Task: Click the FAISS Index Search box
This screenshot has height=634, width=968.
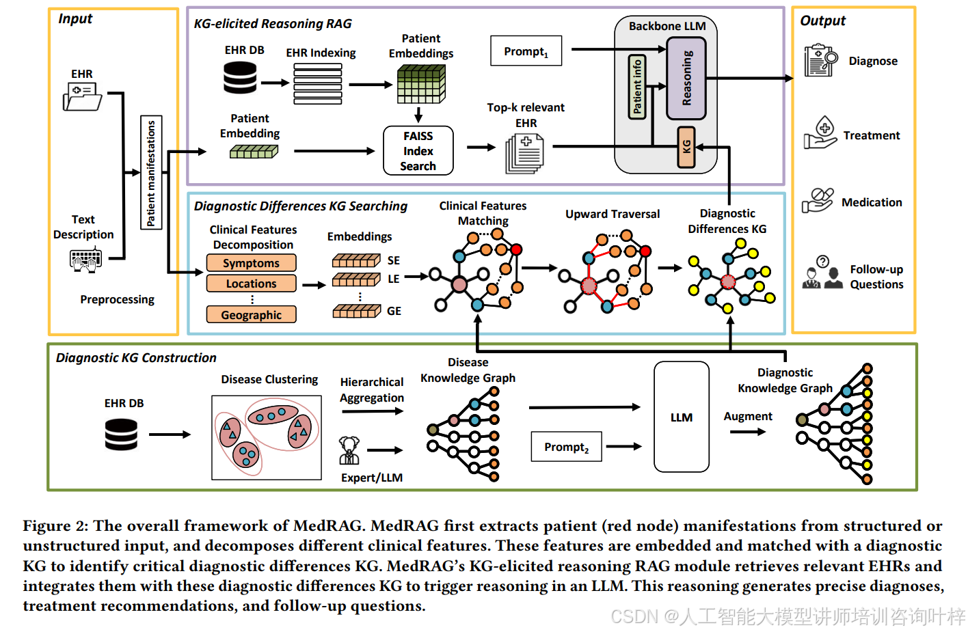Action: [418, 151]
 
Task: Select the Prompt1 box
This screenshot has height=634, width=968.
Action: [526, 51]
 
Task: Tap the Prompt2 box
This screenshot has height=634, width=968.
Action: [566, 447]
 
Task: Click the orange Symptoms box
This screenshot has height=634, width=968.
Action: [251, 263]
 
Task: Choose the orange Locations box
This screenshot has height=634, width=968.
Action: [251, 284]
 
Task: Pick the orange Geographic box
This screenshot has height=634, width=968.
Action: [251, 315]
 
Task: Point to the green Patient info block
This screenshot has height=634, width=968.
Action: [637, 87]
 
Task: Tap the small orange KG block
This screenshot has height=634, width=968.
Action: [686, 147]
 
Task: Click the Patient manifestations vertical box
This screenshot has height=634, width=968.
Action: [151, 173]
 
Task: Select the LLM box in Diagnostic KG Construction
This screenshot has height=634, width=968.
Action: [681, 417]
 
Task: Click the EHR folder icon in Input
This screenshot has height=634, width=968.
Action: [82, 96]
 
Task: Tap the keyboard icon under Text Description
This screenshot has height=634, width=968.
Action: [85, 260]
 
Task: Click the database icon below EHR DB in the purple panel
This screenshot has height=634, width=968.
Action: [240, 78]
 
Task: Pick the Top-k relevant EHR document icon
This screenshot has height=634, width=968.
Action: [524, 153]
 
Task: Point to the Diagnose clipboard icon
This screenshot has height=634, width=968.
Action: [820, 61]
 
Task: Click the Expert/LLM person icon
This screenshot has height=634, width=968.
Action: [349, 450]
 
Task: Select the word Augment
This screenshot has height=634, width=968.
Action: [748, 416]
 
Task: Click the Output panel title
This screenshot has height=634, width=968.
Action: [822, 20]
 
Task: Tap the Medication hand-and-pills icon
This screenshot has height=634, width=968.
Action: [818, 201]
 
